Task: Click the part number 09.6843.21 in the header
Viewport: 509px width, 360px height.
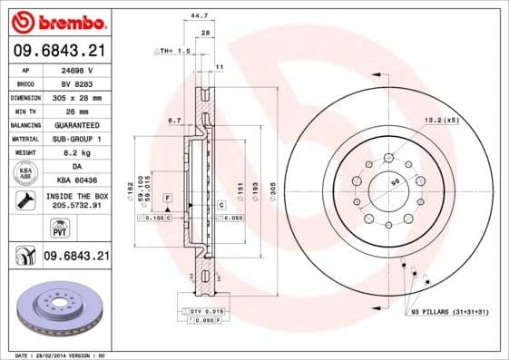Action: pyautogui.click(x=58, y=51)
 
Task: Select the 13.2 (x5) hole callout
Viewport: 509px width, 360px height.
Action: pyautogui.click(x=438, y=119)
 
